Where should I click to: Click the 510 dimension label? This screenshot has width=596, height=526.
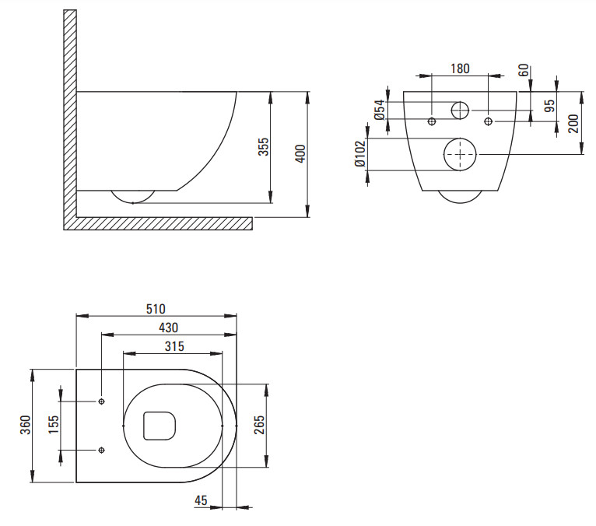156,309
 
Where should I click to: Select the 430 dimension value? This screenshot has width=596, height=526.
168,328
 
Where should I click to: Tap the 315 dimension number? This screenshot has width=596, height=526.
174,346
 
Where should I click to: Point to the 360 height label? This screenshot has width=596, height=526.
26,426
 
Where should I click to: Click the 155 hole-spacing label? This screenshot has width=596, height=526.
54,426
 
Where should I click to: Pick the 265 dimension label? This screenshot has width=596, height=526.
258,426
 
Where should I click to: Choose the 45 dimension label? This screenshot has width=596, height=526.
201,500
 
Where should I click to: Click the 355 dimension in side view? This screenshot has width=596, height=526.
264,147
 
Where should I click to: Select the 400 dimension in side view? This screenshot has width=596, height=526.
300,153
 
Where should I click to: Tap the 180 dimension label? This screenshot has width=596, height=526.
460,68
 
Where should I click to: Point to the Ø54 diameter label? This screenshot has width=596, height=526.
380,110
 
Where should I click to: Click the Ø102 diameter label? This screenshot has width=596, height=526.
360,154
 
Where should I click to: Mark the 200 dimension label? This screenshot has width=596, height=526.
573,124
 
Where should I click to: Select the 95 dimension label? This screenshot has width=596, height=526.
549,106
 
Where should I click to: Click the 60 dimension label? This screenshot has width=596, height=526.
524,70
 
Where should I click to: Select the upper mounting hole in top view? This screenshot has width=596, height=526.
101,402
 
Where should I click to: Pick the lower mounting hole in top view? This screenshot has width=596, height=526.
101,450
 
